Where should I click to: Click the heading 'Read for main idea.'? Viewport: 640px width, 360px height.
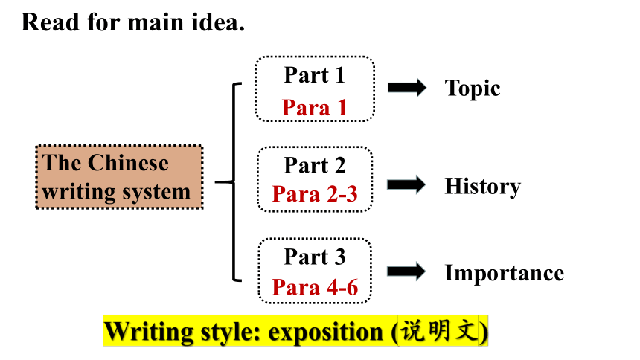(x=132, y=22)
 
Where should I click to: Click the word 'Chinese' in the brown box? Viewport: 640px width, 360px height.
(x=128, y=163)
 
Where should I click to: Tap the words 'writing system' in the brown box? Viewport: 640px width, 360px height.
(x=116, y=192)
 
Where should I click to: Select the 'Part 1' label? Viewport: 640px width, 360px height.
(x=314, y=75)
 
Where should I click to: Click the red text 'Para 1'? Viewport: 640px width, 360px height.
(x=314, y=108)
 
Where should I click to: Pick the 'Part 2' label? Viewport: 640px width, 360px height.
(x=315, y=166)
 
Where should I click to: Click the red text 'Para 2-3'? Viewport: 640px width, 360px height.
(x=315, y=194)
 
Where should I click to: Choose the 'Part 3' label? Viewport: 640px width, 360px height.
(x=315, y=257)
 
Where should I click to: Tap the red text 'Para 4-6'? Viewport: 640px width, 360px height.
(x=315, y=287)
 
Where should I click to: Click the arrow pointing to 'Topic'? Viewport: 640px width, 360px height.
(x=406, y=87)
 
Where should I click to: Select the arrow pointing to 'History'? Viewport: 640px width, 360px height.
(x=406, y=185)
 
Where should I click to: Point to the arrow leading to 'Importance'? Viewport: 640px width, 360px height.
(x=406, y=271)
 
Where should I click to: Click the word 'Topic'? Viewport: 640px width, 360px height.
(x=473, y=89)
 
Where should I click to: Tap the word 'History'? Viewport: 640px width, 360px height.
(x=483, y=187)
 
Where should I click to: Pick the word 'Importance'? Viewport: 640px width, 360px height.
(x=505, y=273)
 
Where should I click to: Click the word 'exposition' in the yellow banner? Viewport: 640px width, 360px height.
(x=326, y=332)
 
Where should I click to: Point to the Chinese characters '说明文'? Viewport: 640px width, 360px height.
(x=438, y=330)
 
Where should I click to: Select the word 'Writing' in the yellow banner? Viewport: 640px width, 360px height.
(x=149, y=332)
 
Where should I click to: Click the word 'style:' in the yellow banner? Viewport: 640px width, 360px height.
(x=231, y=332)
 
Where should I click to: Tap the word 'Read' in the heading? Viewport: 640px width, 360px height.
(x=50, y=22)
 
